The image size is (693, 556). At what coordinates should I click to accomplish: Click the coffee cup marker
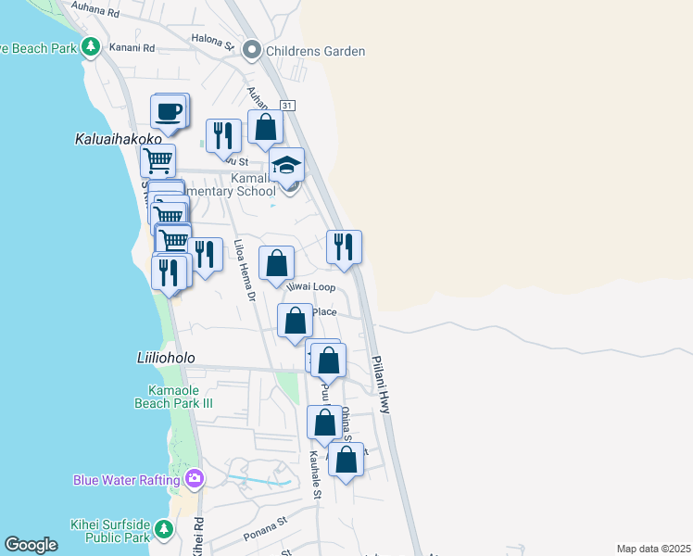(168, 113)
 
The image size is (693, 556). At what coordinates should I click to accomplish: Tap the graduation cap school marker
(287, 166)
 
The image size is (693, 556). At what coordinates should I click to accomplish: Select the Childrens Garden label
(316, 51)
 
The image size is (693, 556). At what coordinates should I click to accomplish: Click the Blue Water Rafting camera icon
(195, 479)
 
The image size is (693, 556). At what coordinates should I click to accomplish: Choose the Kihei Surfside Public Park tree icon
(164, 529)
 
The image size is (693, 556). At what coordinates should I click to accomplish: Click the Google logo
(31, 545)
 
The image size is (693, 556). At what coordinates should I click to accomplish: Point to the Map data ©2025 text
(652, 549)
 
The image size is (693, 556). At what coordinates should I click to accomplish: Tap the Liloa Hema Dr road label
(245, 269)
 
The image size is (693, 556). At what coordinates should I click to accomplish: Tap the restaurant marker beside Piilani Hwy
(344, 246)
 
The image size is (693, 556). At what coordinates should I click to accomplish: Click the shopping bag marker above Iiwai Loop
(276, 263)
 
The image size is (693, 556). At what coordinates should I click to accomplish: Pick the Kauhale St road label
(315, 474)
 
